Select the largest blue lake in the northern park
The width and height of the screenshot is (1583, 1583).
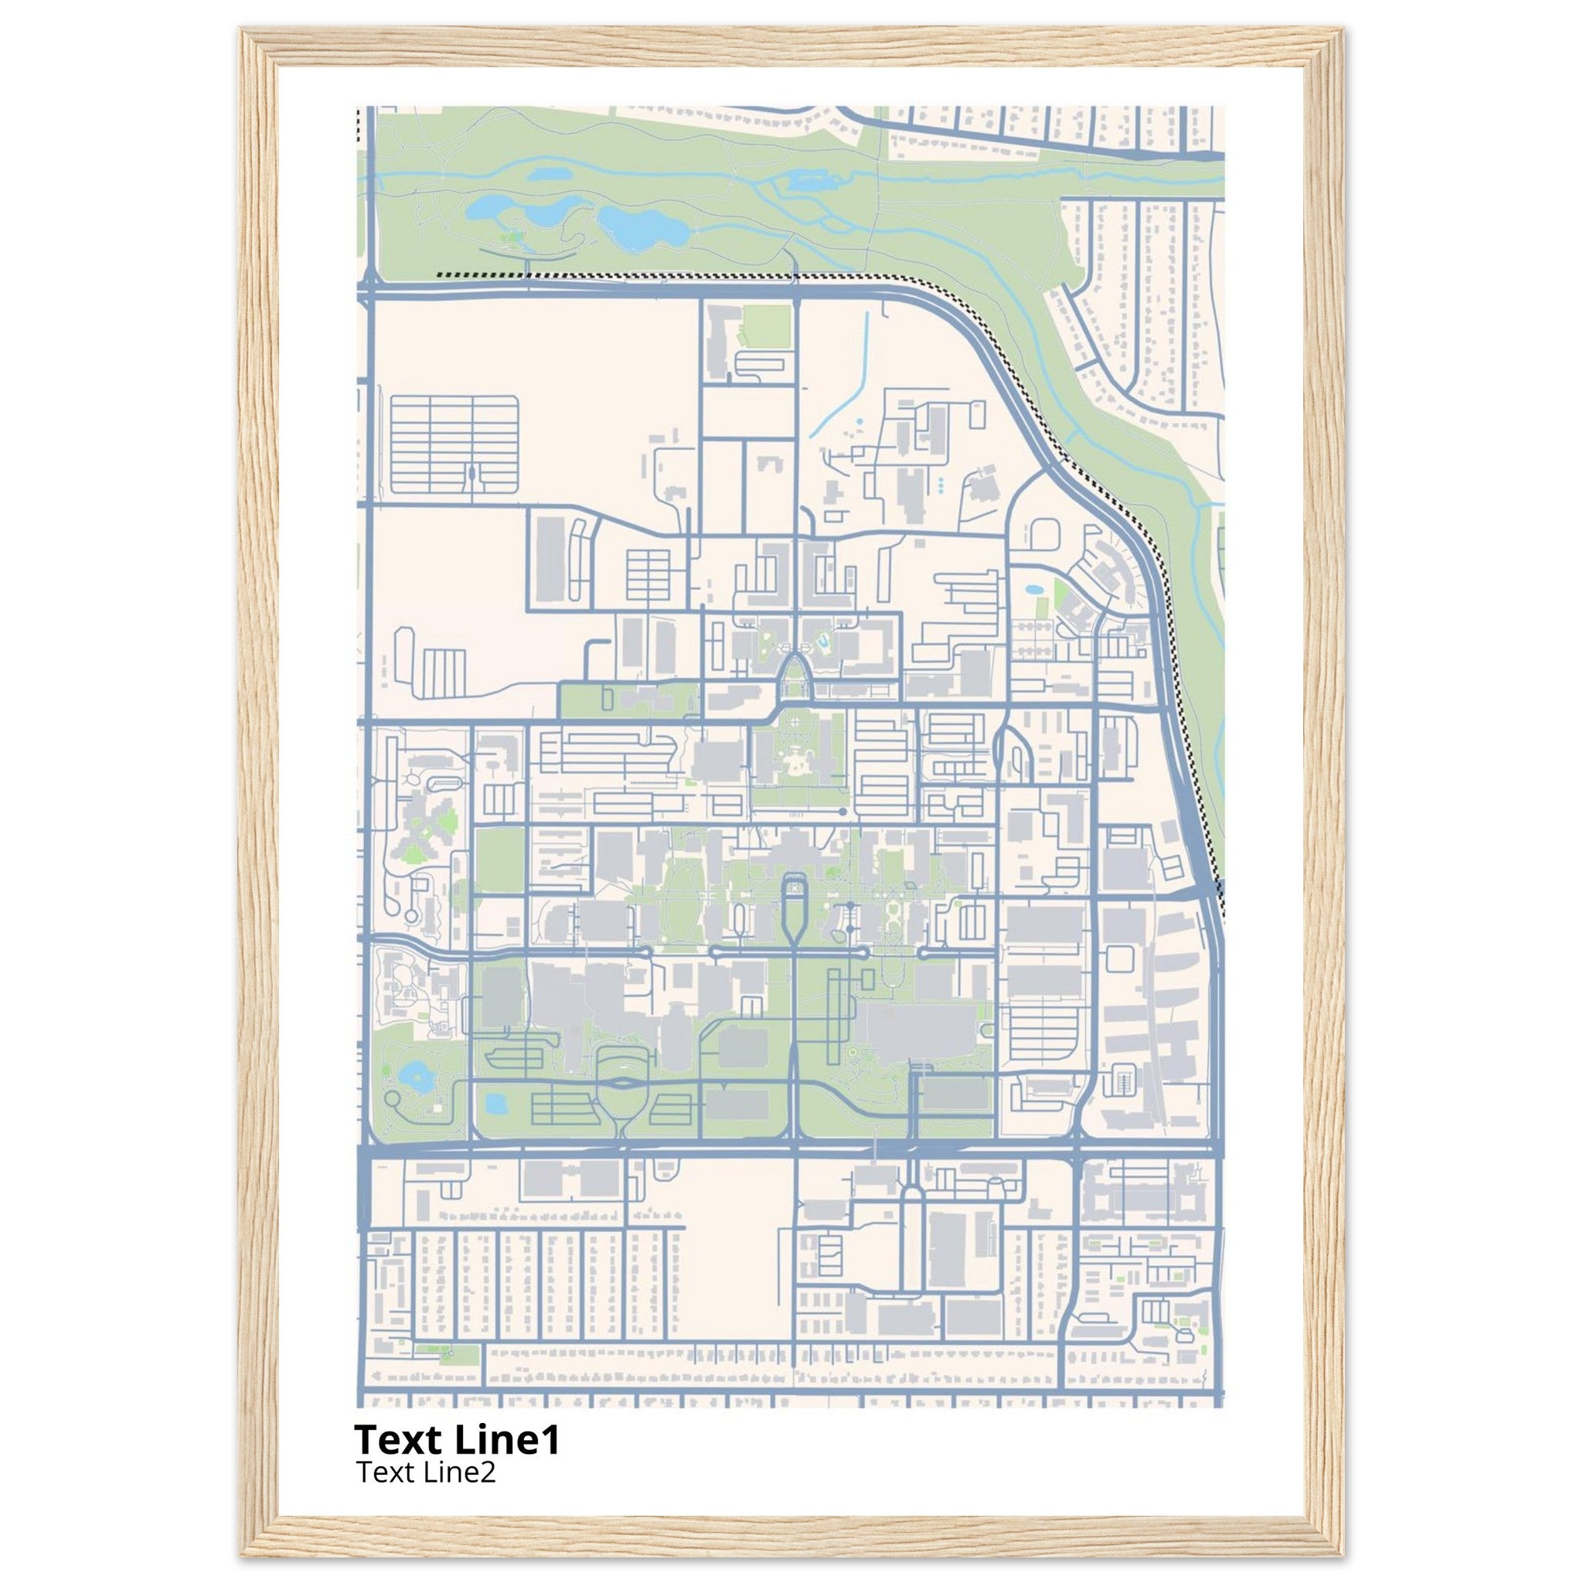point(642,228)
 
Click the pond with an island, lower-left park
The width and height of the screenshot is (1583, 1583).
point(414,1076)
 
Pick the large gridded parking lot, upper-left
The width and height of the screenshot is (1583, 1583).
point(454,445)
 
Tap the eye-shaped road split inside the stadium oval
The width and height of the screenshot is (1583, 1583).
point(623,1083)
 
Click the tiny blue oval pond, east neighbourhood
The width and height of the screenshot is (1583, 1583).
point(1033,588)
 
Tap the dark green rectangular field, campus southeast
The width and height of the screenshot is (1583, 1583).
point(955,1094)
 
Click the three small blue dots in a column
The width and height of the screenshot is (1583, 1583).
point(941,485)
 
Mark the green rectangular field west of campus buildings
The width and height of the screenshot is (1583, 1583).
point(500,860)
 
